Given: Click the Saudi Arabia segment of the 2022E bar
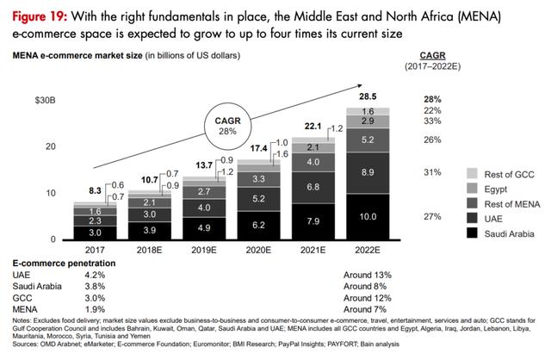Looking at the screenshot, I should (368, 217).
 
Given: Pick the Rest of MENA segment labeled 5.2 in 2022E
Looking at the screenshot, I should (368, 140).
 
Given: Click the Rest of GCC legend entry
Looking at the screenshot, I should (488, 174).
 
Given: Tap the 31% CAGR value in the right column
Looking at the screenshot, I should (432, 171).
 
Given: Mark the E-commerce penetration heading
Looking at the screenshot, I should (56, 261).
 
